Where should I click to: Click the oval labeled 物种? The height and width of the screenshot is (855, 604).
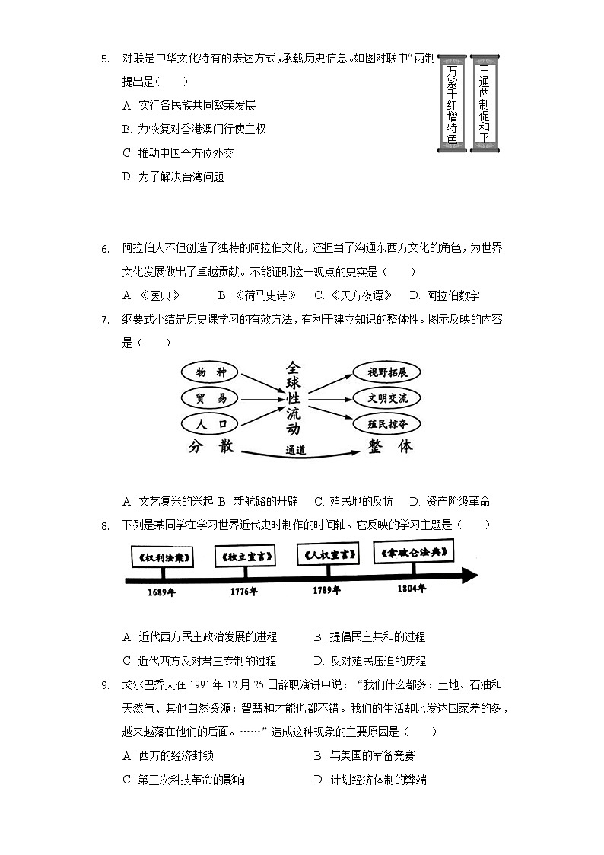tap(211, 373)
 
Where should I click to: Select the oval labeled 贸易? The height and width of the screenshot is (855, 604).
tap(211, 398)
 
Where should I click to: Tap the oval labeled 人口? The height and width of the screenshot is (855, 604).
tap(211, 423)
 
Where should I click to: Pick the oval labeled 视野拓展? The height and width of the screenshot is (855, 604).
tap(387, 373)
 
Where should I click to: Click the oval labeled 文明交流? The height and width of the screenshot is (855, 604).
tap(387, 398)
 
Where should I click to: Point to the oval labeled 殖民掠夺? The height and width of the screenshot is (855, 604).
tap(387, 423)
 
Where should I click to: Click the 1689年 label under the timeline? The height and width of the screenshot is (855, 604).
tap(161, 592)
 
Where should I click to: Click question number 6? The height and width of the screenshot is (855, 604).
tap(106, 249)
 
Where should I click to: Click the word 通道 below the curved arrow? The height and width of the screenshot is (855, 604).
tap(296, 450)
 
